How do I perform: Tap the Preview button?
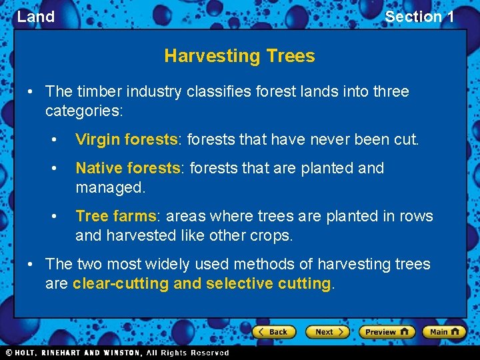pyautogui.click(x=387, y=331)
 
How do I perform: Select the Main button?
pyautogui.click(x=444, y=331)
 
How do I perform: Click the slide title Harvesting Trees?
pyautogui.click(x=239, y=56)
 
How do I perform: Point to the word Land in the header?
pyautogui.click(x=36, y=17)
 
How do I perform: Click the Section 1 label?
pyautogui.click(x=419, y=17)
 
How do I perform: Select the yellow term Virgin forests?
pyautogui.click(x=127, y=139)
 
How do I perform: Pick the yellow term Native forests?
pyautogui.click(x=128, y=168)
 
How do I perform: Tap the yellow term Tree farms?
pyautogui.click(x=115, y=216)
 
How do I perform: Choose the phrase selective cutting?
pyautogui.click(x=269, y=283)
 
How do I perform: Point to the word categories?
pyautogui.click(x=84, y=110)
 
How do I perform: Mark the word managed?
pyautogui.click(x=109, y=187)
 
